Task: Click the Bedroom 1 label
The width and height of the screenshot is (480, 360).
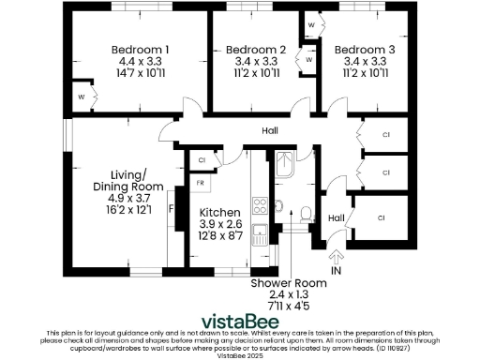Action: tap(140, 50)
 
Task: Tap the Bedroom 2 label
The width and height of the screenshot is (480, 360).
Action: tap(256, 50)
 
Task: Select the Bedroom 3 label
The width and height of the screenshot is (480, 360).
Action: tap(364, 50)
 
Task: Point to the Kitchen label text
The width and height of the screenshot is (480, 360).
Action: tap(221, 213)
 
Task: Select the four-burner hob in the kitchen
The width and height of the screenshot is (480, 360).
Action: tap(259, 202)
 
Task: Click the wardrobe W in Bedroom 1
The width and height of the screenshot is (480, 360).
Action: tap(82, 96)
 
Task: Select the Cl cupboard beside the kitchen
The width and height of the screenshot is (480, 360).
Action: tap(202, 160)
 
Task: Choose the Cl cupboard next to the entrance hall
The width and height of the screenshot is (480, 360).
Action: tap(382, 217)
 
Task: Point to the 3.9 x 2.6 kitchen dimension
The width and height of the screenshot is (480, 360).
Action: tap(221, 225)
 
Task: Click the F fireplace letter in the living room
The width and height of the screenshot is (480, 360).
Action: tap(170, 209)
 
